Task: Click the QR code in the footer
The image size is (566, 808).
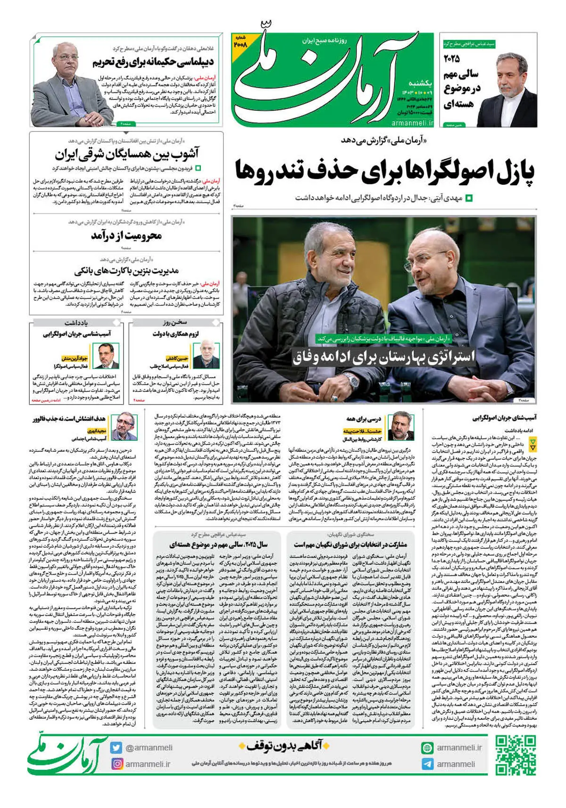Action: (x=515, y=756)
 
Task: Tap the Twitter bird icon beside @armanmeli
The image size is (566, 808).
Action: (x=117, y=748)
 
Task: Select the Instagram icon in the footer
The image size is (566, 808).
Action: (x=117, y=764)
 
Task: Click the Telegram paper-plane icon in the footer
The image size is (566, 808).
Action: (x=427, y=764)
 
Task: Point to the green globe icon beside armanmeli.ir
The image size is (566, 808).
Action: (x=427, y=748)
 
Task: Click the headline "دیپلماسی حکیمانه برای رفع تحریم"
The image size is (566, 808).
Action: (x=153, y=62)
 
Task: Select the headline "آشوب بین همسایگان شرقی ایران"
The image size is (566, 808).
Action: (x=127, y=155)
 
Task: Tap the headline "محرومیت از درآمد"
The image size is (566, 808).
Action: (x=126, y=235)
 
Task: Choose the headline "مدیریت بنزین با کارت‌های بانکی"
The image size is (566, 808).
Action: (x=126, y=271)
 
